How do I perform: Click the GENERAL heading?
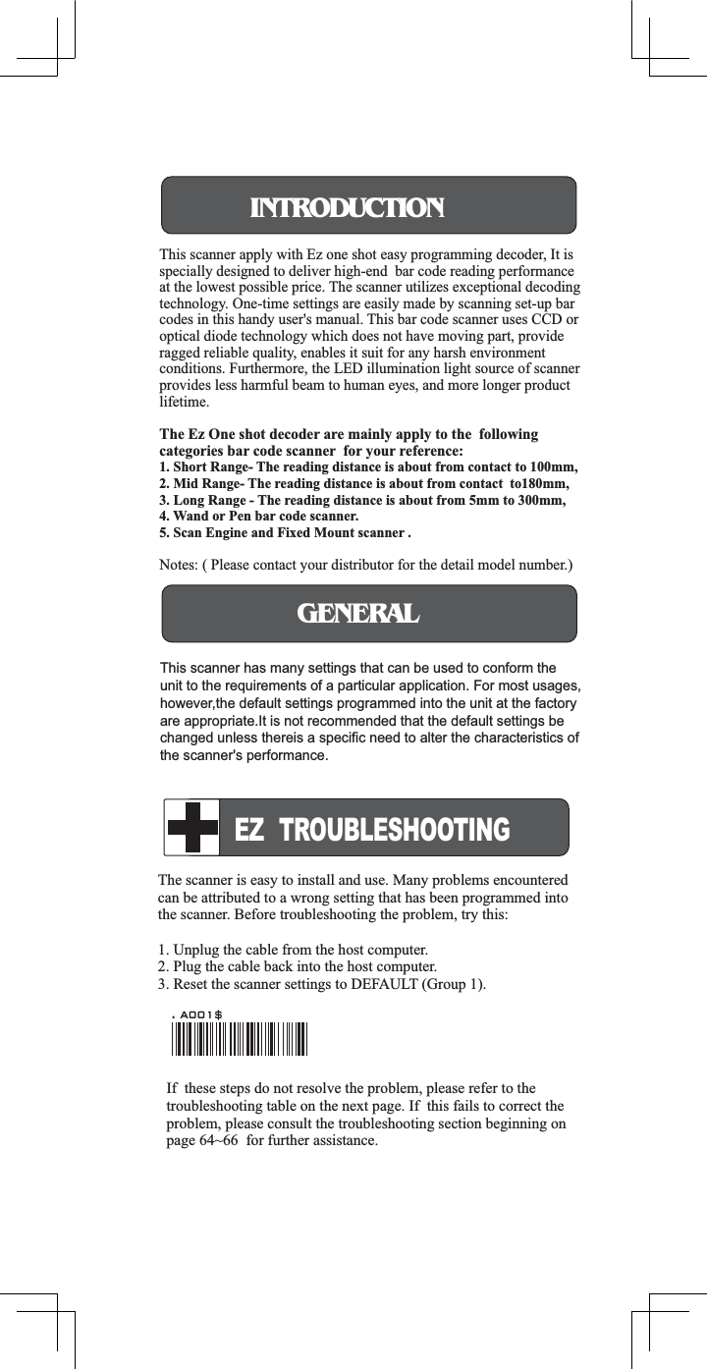coord(358,614)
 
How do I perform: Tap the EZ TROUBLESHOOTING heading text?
coord(372,830)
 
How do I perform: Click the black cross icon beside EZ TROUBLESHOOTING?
coord(192,827)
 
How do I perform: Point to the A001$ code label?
coord(200,1013)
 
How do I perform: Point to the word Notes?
coord(178,566)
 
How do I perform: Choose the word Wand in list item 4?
coord(190,517)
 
